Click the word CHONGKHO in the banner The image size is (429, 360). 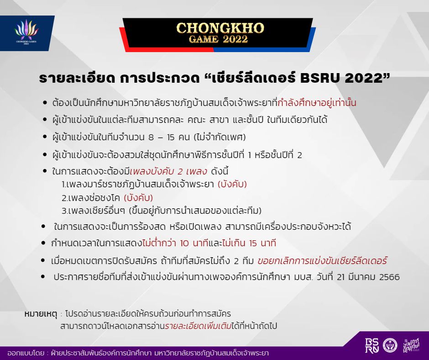coord(220,28)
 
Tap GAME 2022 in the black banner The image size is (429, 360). coord(218,39)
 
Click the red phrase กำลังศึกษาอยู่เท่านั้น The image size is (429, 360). coord(317,103)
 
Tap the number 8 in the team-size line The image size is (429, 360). coord(151,137)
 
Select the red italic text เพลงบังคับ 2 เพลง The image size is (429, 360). coord(168,171)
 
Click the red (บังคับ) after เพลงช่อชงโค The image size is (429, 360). coord(138,197)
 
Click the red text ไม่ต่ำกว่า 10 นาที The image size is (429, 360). coord(175,243)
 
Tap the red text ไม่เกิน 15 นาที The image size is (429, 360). coord(249,243)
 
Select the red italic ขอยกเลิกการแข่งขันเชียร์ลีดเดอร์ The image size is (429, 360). coord(322,260)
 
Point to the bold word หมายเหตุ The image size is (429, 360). coord(41,313)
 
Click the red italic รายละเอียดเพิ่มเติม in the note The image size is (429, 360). coord(198,326)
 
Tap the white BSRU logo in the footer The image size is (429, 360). coord(372,345)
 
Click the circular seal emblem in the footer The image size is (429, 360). coord(390,345)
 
